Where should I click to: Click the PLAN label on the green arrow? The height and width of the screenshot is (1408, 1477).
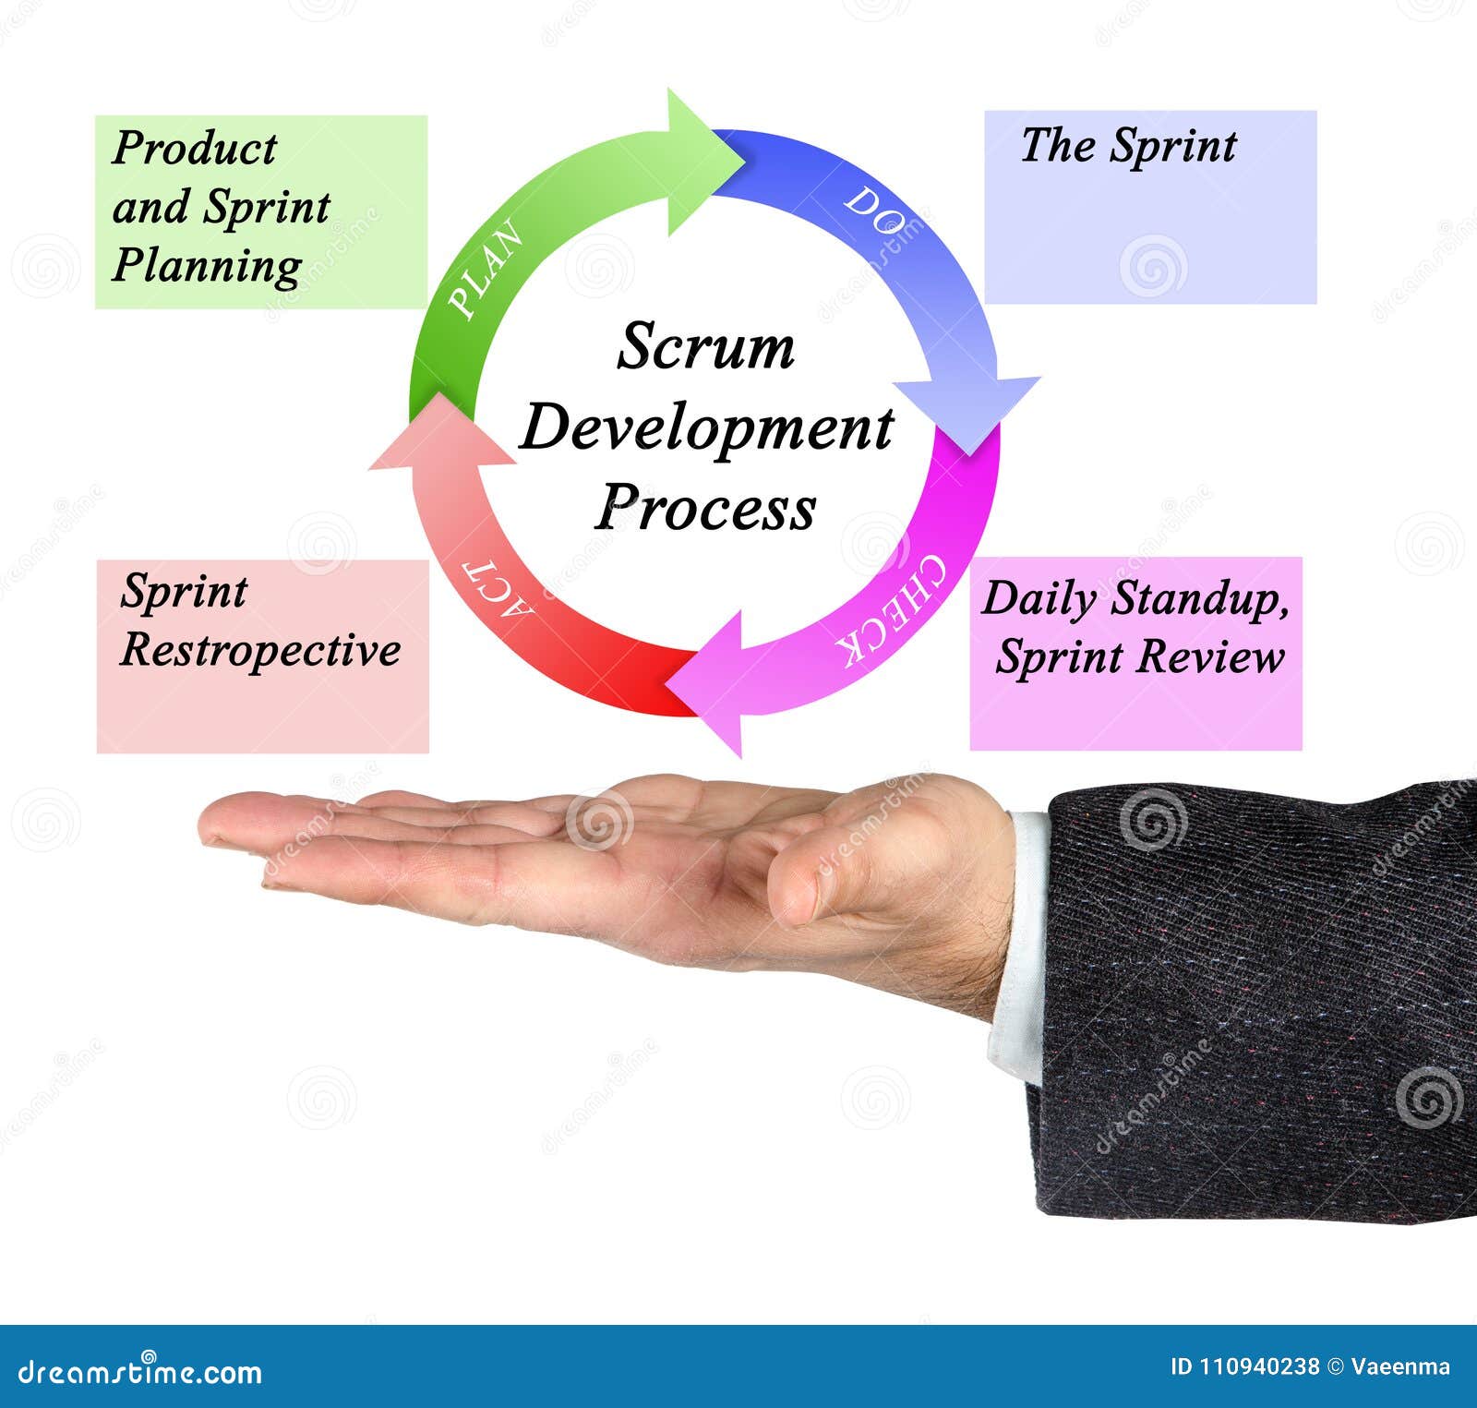[486, 270]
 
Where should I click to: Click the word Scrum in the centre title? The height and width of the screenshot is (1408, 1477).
[705, 348]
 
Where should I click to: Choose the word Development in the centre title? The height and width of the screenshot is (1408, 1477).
[706, 428]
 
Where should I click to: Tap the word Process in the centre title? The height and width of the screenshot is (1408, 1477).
[705, 508]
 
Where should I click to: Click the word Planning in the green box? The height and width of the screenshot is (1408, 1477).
[207, 266]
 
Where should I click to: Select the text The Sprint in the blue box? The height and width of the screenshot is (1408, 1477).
[1128, 146]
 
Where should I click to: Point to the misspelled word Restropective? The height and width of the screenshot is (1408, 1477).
[260, 650]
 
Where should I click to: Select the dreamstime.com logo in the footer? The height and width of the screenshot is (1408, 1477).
[140, 1372]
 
